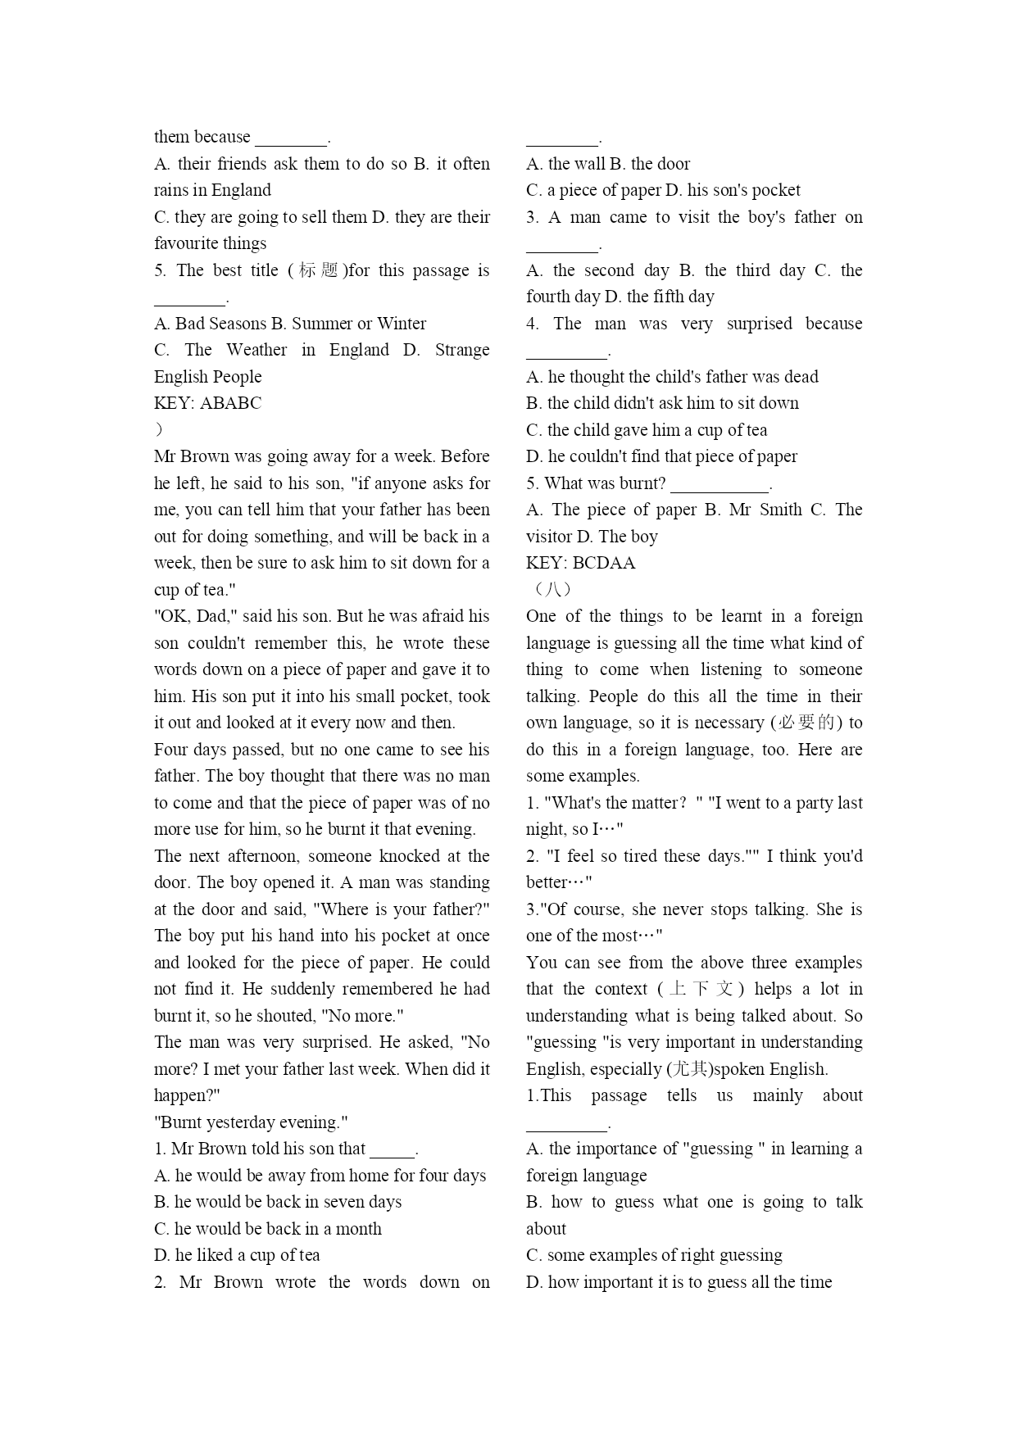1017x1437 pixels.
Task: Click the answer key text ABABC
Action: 230,403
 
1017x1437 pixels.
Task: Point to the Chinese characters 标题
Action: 319,270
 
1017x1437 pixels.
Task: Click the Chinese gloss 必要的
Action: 806,723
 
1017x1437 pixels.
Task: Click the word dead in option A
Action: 801,377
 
